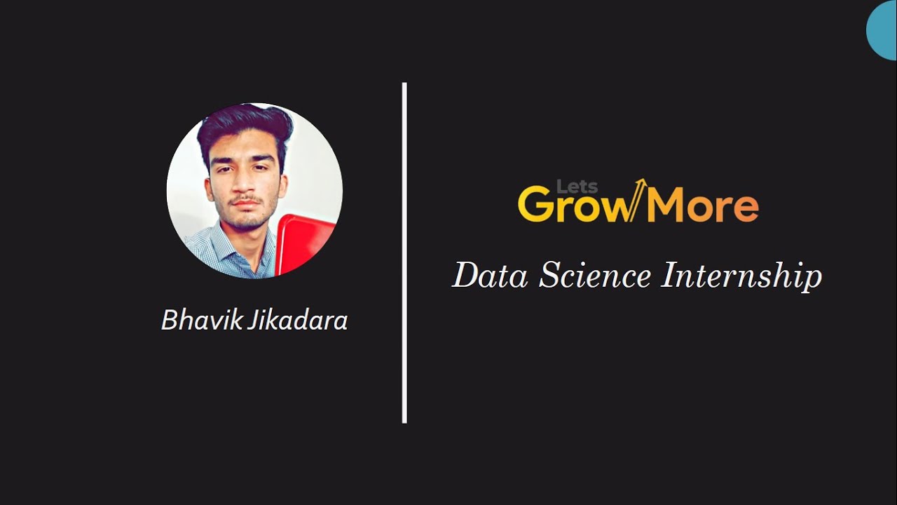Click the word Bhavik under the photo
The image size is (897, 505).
pos(201,321)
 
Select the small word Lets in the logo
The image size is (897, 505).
pos(577,187)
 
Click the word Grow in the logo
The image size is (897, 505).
pos(575,206)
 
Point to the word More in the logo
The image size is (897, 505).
pos(702,206)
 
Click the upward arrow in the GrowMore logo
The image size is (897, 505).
pos(638,198)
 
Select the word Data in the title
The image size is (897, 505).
pos(490,275)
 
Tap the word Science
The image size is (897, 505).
pos(595,275)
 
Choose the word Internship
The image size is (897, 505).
pos(741,276)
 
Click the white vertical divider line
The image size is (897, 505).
pos(404,252)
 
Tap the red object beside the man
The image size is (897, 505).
pos(302,242)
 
